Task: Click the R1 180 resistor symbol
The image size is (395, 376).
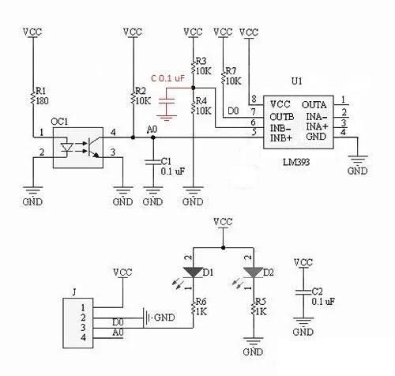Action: (33, 98)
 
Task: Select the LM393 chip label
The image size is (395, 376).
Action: (296, 162)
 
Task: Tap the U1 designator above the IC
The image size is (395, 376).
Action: (297, 81)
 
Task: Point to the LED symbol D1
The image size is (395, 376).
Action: (193, 273)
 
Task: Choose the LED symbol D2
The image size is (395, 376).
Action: (254, 273)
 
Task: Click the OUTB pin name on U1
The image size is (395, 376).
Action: (282, 117)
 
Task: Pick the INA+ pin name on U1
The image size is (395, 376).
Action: (318, 126)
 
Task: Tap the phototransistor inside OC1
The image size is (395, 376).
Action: (92, 148)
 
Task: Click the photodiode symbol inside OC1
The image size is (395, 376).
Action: (66, 148)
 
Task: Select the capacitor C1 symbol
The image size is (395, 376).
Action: (153, 162)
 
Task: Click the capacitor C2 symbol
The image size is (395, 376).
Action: (303, 292)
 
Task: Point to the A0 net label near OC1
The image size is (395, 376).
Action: (152, 130)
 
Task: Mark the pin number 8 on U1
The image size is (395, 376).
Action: (254, 100)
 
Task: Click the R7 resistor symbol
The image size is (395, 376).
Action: (224, 78)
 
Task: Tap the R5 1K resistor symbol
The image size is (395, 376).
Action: (254, 309)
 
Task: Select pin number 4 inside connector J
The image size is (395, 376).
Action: (83, 337)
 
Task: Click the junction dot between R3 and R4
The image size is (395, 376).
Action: (193, 88)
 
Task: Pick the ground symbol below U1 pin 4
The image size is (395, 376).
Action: (357, 159)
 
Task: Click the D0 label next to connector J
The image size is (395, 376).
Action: (118, 322)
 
